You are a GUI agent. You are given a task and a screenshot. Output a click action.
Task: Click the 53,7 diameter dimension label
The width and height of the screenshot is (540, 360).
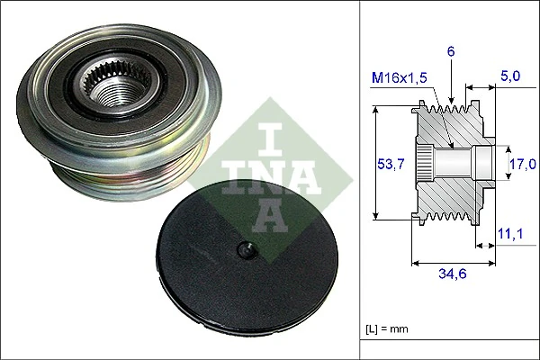coord(385,164)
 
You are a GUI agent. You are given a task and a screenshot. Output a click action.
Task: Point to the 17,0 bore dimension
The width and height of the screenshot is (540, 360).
coord(523,164)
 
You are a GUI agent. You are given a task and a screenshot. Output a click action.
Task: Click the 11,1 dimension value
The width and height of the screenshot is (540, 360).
coord(509,234)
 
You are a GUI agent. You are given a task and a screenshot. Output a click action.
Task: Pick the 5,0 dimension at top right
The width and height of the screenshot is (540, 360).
coord(509,77)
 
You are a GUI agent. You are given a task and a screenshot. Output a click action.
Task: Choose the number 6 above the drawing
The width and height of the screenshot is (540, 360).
coord(451,52)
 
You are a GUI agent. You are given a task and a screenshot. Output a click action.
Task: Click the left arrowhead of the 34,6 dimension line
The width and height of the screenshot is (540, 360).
coord(415,263)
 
